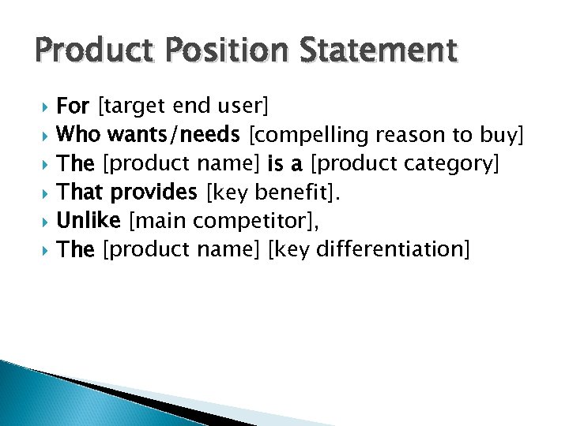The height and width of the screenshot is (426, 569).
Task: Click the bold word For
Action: [73, 106]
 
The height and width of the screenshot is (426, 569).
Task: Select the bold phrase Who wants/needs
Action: [149, 135]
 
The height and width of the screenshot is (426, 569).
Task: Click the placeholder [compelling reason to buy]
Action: [386, 135]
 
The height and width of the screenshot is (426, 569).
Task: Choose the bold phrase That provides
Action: [128, 192]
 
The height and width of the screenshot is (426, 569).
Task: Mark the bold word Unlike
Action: [89, 220]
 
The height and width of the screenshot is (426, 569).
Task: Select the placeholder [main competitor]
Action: [224, 220]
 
